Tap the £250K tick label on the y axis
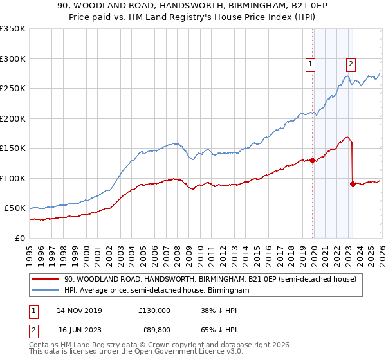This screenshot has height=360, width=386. pyautogui.click(x=13, y=89)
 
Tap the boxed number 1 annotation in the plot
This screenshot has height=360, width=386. pyautogui.click(x=310, y=64)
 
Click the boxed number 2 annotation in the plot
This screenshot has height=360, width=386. pyautogui.click(x=351, y=64)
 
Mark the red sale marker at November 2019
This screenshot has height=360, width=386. pyautogui.click(x=312, y=161)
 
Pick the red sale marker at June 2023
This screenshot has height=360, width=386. pyautogui.click(x=353, y=184)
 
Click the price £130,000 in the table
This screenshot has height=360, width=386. pyautogui.click(x=154, y=310)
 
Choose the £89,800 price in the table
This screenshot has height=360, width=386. pyautogui.click(x=156, y=328)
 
